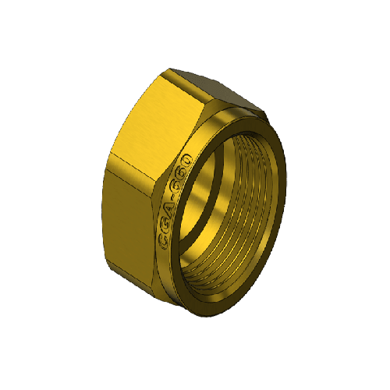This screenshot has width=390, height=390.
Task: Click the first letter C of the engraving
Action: (164, 244)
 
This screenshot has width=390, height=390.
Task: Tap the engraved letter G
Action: (165, 230)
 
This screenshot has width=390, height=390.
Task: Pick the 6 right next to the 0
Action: (182, 174)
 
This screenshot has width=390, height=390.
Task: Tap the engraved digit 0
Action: (186, 160)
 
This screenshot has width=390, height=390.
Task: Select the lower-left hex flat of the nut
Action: (130, 221)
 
